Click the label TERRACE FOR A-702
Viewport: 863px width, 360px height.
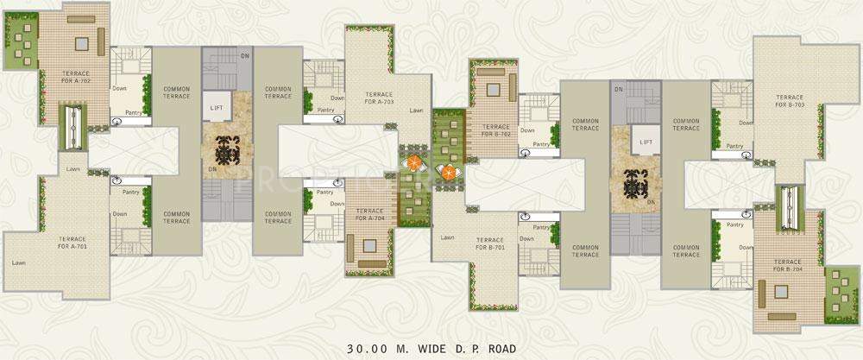click(x=76, y=77)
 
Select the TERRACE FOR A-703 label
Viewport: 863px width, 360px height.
click(x=380, y=98)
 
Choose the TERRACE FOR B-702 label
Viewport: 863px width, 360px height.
click(x=496, y=130)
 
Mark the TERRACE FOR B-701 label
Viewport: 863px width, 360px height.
click(x=491, y=243)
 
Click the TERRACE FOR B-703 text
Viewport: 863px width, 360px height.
click(x=790, y=100)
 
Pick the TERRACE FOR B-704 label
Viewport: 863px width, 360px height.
click(x=788, y=266)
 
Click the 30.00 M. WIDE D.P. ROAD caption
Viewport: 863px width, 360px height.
click(x=431, y=349)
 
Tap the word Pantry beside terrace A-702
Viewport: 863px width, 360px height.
click(x=133, y=111)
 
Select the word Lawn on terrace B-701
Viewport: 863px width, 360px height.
click(x=447, y=237)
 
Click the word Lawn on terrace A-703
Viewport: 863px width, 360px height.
click(x=417, y=111)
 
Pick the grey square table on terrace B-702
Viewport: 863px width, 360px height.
click(x=494, y=89)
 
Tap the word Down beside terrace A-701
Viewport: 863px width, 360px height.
click(x=120, y=213)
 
